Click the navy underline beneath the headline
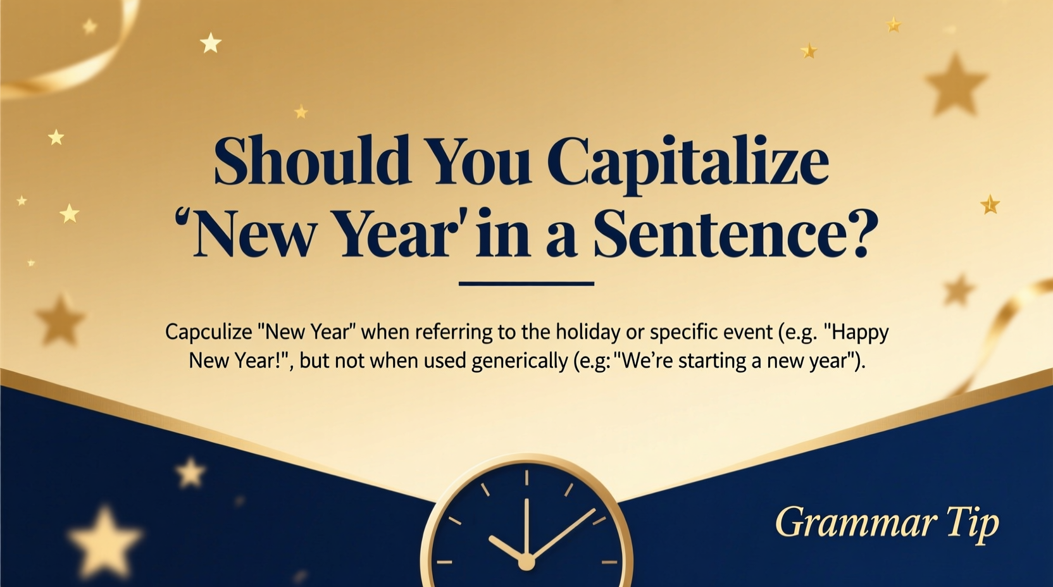pyautogui.click(x=526, y=284)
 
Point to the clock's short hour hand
pyautogui.click(x=506, y=549)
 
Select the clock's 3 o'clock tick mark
pyautogui.click(x=609, y=562)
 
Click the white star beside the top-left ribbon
pyautogui.click(x=211, y=43)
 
